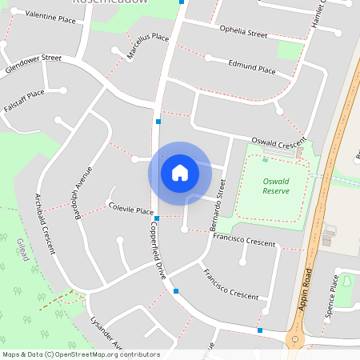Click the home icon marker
tap(179, 173)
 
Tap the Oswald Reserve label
tap(275, 186)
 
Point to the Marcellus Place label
tap(148, 46)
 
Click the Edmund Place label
tap(252, 70)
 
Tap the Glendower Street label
tap(33, 64)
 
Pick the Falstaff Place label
tap(24, 101)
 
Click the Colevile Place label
tap(131, 209)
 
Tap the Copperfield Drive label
tap(155, 249)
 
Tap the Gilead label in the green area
tap(22, 250)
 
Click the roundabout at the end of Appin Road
tap(294, 342)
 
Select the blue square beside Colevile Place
tap(157, 218)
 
